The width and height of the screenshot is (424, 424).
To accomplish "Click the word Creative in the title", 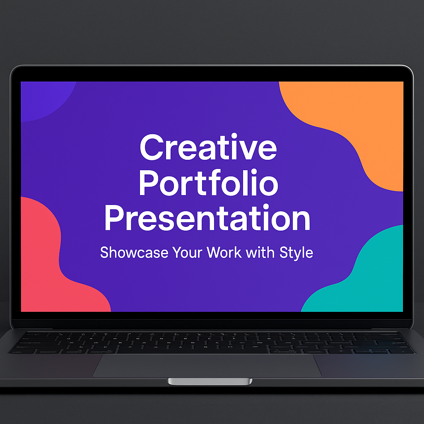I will (208, 147).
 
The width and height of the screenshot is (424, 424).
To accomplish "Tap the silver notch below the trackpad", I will (210, 381).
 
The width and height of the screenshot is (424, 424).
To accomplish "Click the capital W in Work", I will (214, 252).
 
